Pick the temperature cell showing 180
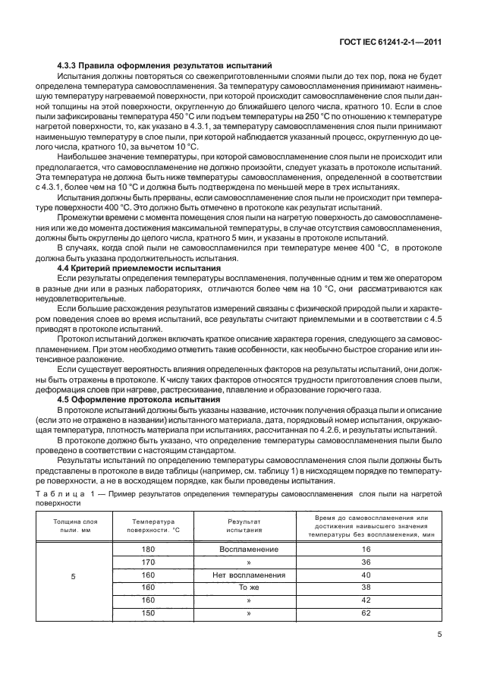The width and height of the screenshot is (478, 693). pyautogui.click(x=149, y=549)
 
